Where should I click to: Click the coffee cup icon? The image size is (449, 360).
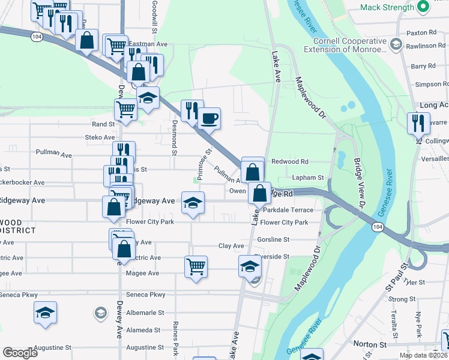(209, 118)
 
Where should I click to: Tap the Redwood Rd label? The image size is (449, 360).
(289, 162)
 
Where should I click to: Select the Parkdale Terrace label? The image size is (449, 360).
(288, 210)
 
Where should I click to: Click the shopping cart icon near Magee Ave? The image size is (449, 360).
(196, 265)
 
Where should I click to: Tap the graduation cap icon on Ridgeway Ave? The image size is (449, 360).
(193, 202)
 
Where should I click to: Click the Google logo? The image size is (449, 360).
(20, 353)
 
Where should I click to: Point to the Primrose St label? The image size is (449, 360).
(205, 164)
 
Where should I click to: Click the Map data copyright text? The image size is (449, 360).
(424, 355)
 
